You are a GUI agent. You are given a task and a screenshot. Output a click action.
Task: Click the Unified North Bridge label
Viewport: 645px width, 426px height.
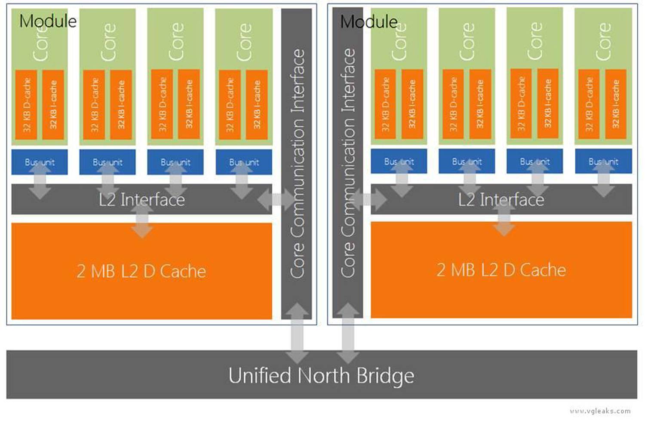point(321,376)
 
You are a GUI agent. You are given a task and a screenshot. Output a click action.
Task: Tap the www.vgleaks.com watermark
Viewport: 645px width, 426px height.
point(600,411)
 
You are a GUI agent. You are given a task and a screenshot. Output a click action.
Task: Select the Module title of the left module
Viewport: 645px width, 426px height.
point(48,21)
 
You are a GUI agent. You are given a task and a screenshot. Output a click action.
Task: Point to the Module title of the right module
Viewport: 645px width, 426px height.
point(369,21)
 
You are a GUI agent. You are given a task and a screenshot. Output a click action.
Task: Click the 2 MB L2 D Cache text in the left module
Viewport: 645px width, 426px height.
point(141,271)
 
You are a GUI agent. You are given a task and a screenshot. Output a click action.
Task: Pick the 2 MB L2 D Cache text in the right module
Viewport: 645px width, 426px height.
point(501,270)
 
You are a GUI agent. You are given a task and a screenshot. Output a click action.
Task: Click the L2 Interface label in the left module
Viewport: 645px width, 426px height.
point(141,199)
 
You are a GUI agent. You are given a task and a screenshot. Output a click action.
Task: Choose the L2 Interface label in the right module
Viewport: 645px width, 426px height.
point(501,199)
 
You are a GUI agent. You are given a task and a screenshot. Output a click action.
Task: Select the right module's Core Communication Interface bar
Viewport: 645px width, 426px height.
point(347,162)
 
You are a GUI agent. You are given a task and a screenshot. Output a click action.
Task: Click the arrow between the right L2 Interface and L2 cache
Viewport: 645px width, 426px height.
point(504,219)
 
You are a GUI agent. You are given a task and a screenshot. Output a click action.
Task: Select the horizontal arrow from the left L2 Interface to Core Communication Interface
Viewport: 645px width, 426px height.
point(276,199)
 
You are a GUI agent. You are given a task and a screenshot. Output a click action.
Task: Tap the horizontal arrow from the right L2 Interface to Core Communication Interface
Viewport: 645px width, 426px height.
point(368,199)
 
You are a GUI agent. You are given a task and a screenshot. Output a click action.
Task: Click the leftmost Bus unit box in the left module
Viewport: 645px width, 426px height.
point(40,162)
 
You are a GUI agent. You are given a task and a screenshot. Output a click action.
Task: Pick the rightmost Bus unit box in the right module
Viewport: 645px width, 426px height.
point(604,161)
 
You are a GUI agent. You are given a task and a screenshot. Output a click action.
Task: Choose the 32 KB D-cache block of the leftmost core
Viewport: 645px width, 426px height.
point(26,105)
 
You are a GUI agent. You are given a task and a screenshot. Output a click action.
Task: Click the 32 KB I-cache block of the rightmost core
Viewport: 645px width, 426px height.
point(616,104)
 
